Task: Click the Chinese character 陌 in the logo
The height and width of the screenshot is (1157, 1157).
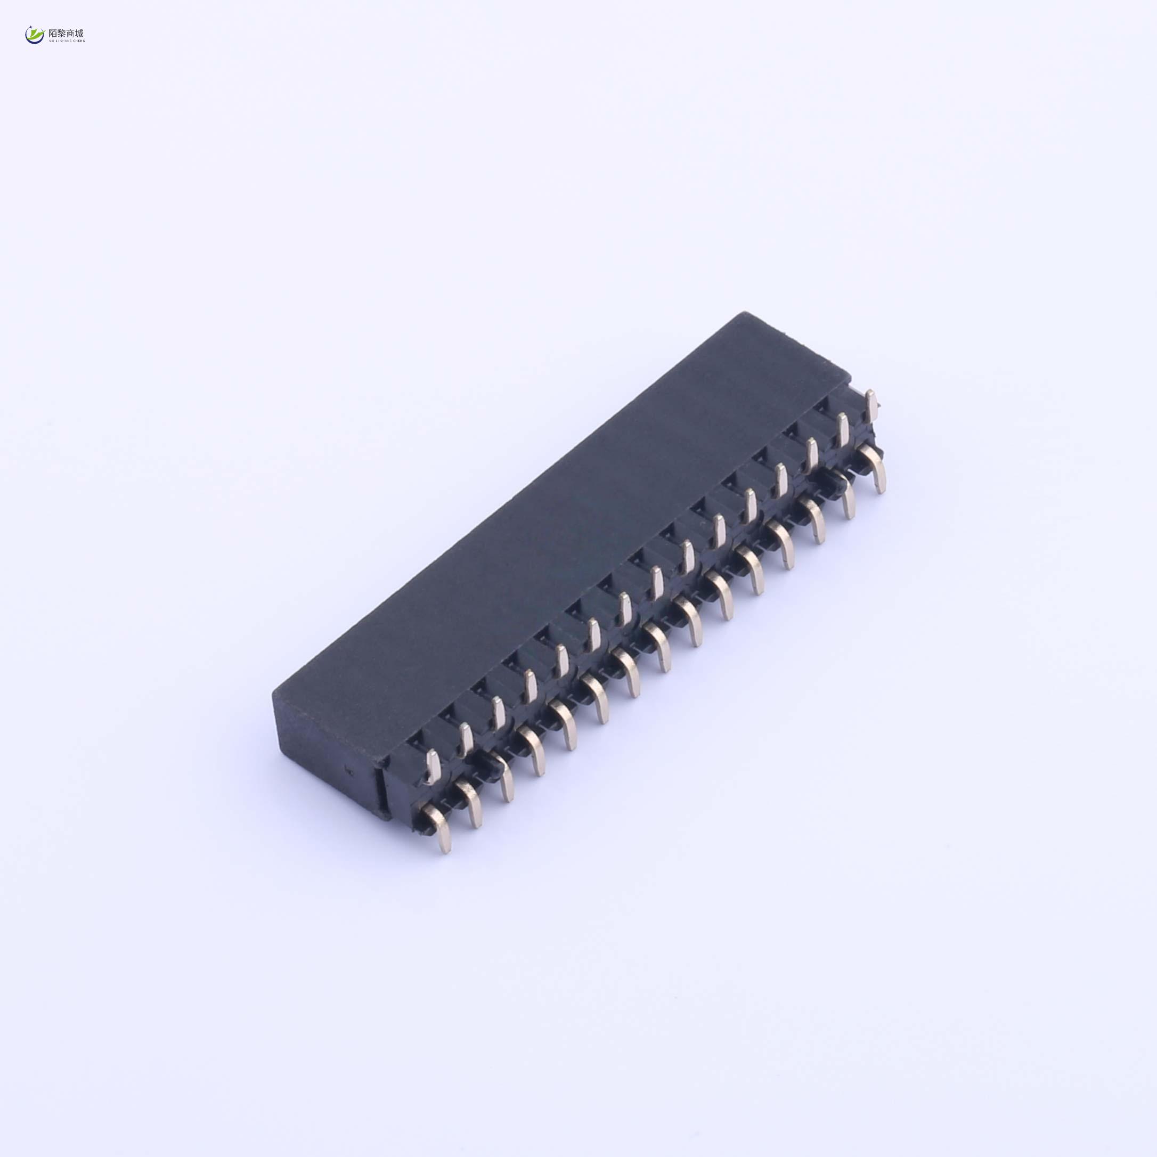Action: tap(53, 34)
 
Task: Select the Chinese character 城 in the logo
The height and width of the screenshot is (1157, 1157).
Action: tap(80, 34)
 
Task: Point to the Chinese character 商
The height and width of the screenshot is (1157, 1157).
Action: tap(71, 34)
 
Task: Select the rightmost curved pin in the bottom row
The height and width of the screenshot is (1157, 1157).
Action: tap(876, 470)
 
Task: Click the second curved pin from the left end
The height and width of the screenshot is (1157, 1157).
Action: tap(471, 804)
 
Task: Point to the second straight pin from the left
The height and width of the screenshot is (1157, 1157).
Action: tap(466, 738)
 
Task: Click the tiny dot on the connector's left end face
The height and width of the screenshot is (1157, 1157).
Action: tap(353, 771)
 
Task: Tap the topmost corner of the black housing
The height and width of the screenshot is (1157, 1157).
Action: tap(744, 314)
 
